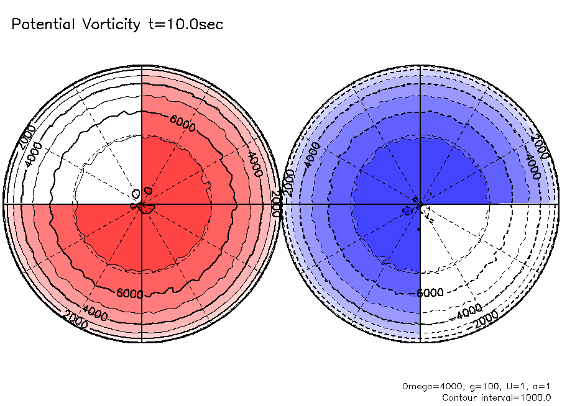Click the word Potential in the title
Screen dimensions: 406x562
[44, 25]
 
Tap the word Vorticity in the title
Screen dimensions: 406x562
[110, 25]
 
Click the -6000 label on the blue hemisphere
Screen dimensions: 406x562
[428, 293]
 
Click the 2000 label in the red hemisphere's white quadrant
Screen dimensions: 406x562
[28, 137]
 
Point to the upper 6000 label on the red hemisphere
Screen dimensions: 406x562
[183, 127]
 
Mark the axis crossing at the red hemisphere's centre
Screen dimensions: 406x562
[142, 204]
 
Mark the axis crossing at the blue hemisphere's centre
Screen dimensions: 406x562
[421, 204]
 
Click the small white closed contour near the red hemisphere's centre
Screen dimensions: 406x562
[148, 190]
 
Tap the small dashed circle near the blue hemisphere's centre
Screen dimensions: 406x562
[408, 210]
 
